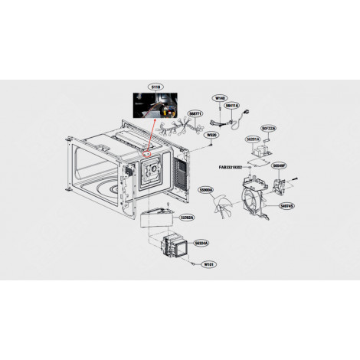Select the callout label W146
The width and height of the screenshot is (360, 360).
click(221, 98)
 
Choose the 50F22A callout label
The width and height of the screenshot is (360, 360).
click(269, 128)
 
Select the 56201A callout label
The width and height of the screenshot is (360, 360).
click(253, 139)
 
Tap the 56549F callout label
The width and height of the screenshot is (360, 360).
click(279, 165)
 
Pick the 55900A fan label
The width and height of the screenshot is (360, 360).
click(206, 188)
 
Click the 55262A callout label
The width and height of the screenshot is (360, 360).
click(188, 218)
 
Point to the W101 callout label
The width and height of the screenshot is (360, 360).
click(208, 264)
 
